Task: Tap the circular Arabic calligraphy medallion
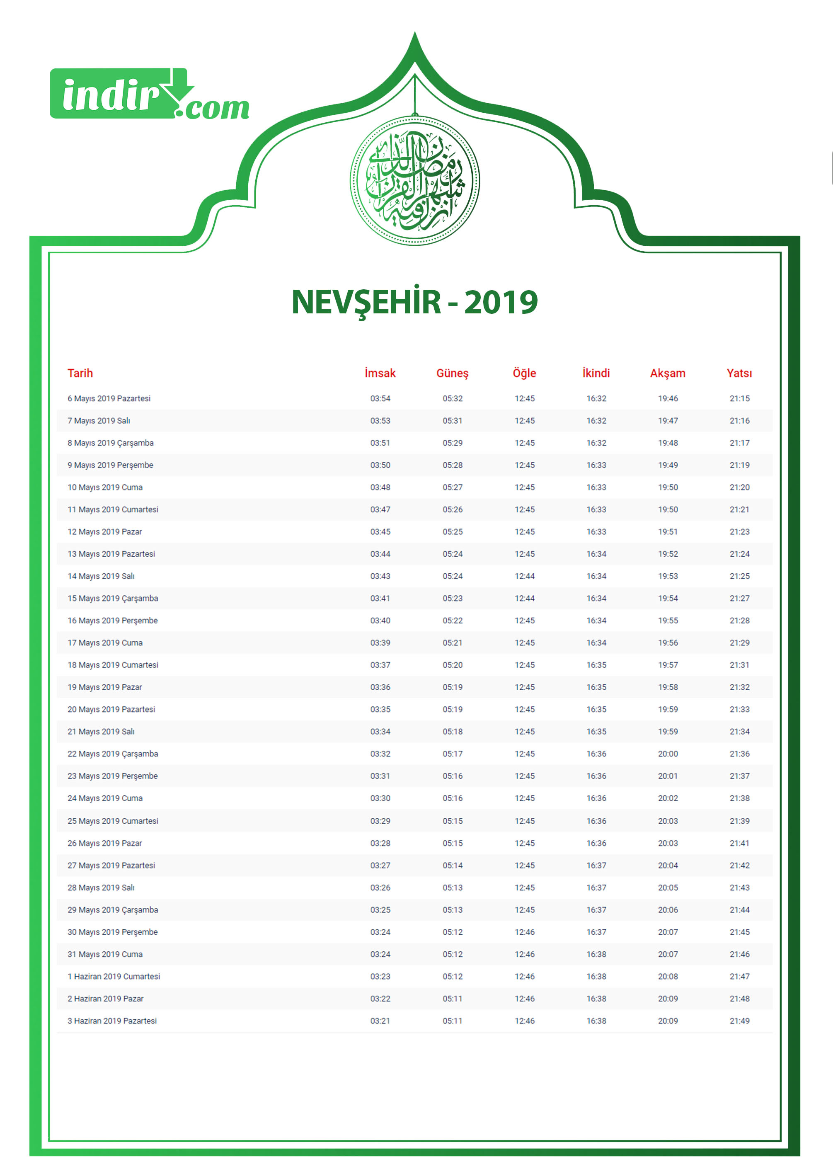pos(414,181)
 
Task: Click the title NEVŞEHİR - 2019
pos(414,302)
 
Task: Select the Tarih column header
pos(80,373)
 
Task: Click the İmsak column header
pos(380,373)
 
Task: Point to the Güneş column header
pos(453,373)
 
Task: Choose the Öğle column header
pos(524,373)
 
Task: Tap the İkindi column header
pos(596,373)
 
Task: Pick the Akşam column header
pos(668,373)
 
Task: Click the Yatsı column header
pos(739,373)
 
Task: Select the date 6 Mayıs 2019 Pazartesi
pos(109,399)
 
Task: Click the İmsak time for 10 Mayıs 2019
pos(380,487)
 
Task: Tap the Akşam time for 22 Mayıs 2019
pos(668,754)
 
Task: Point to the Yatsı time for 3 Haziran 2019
pos(739,1021)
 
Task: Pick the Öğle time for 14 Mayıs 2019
pos(524,576)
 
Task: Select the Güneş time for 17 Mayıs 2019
pos(453,643)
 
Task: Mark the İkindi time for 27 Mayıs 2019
pos(596,865)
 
